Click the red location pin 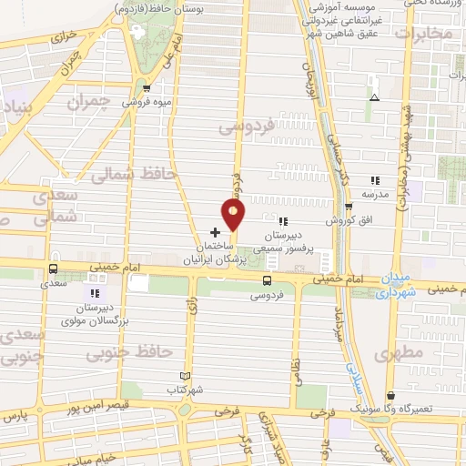[234, 216]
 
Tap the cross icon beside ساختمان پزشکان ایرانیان [215, 232]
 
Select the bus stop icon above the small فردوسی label [267, 280]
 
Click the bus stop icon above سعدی [53, 268]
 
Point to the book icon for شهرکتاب [186, 376]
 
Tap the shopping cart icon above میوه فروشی [147, 88]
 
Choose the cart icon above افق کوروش [348, 207]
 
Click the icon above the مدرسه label [374, 180]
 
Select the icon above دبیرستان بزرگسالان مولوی [94, 292]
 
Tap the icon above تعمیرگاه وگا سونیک [391, 396]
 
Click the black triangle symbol [374, 97]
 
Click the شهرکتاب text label [187, 389]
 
